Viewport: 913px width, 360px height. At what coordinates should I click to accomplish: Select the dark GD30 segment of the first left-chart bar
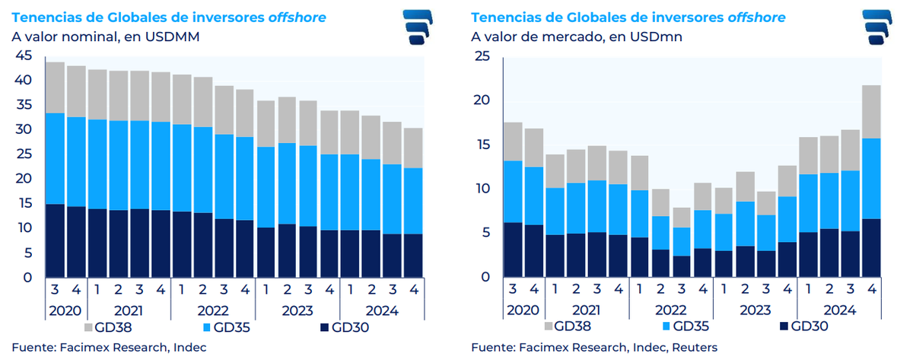click(55, 241)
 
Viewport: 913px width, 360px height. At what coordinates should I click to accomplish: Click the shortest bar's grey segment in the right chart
click(681, 218)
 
